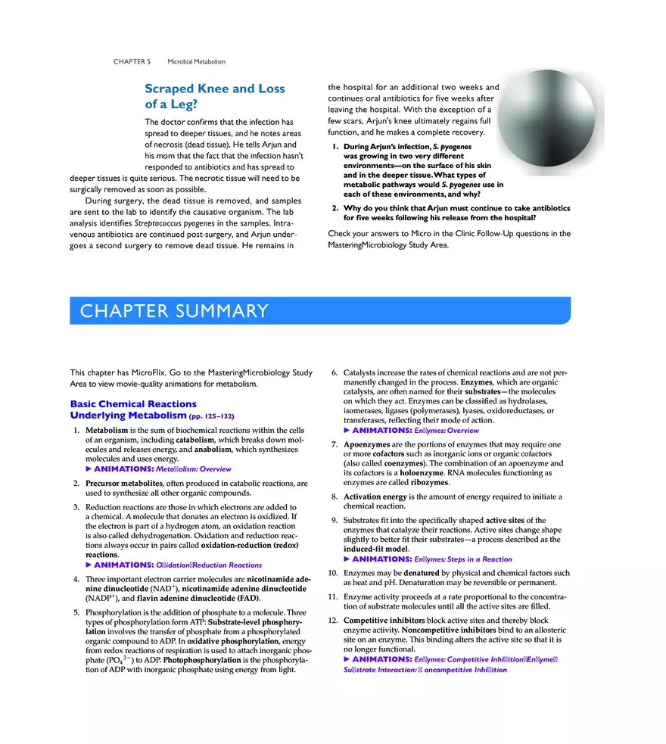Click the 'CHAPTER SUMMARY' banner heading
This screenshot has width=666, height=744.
coord(175,311)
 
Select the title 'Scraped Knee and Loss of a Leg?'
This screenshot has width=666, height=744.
coord(214,96)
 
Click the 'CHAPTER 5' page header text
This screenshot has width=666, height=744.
coord(132,61)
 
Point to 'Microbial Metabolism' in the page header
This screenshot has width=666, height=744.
coord(196,61)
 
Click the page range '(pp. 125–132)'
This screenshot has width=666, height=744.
coord(212,416)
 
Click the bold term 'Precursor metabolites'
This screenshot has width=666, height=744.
coord(123,483)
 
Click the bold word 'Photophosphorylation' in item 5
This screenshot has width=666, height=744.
coord(201,659)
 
